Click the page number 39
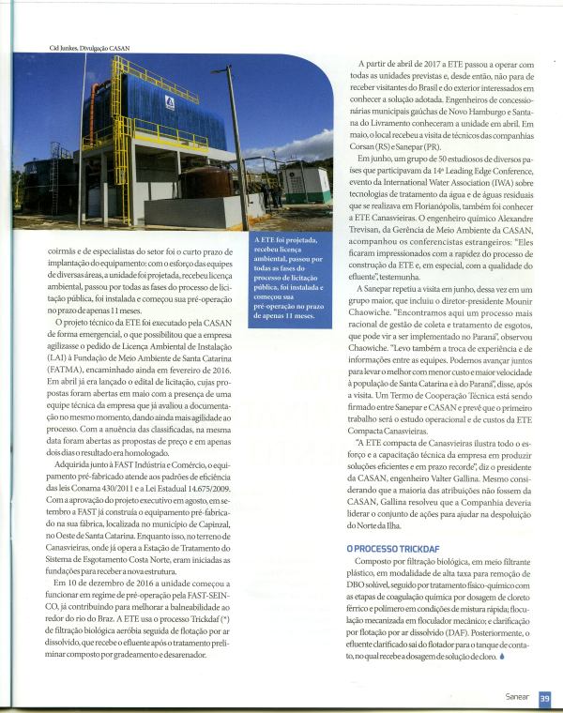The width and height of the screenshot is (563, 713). pyautogui.click(x=545, y=697)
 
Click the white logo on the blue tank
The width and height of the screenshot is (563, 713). pyautogui.click(x=170, y=101)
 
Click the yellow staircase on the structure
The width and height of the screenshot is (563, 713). pyautogui.click(x=120, y=141)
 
